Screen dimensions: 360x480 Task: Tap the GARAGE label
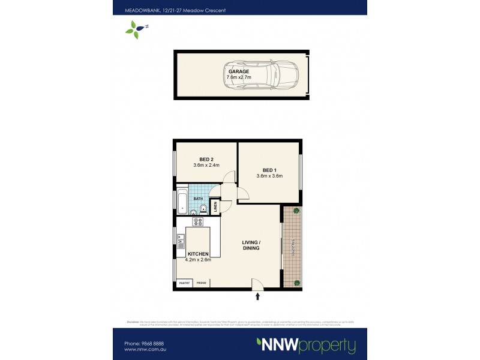coord(238,71)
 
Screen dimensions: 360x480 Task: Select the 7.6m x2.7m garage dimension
coord(238,78)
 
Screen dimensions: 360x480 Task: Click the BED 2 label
coord(206,159)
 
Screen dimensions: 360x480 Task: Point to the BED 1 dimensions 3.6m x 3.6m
coord(269,176)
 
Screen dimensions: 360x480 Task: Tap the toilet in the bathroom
coord(203,209)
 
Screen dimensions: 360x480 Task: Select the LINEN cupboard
coord(214,206)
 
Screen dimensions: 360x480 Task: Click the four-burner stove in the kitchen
coord(197,222)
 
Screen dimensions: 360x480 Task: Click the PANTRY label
coord(184,283)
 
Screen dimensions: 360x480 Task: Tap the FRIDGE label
coord(201,283)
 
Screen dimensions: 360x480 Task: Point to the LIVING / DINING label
coord(250,245)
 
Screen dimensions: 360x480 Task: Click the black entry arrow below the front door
coord(259,296)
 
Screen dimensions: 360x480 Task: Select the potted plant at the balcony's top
coord(296,211)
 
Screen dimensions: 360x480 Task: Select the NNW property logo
coord(306,346)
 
